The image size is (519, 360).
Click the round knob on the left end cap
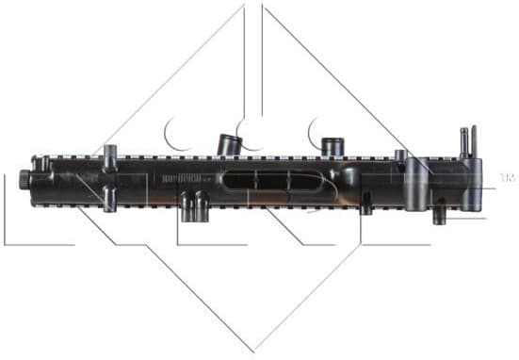(23, 178)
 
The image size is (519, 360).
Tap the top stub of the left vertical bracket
(110, 154)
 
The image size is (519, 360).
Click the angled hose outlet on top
(228, 143)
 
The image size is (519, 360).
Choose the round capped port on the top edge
(331, 146)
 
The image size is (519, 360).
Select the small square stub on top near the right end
(400, 155)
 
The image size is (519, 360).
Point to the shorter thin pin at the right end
(462, 143)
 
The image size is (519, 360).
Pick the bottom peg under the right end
(438, 215)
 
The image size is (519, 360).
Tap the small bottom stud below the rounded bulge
(366, 208)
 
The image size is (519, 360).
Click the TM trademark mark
(507, 177)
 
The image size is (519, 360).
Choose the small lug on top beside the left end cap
(41, 162)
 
